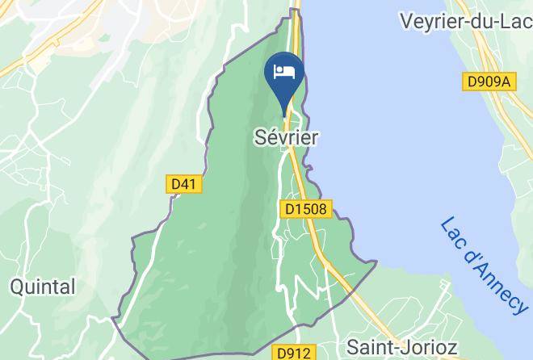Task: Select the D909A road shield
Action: pyautogui.click(x=489, y=82)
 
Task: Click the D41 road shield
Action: pyautogui.click(x=185, y=184)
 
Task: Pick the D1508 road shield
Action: pyautogui.click(x=307, y=209)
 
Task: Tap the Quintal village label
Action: pyautogui.click(x=43, y=287)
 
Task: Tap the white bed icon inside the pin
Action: pyautogui.click(x=284, y=72)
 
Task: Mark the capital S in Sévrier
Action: pyautogui.click(x=258, y=138)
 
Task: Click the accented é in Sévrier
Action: pyautogui.click(x=268, y=137)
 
